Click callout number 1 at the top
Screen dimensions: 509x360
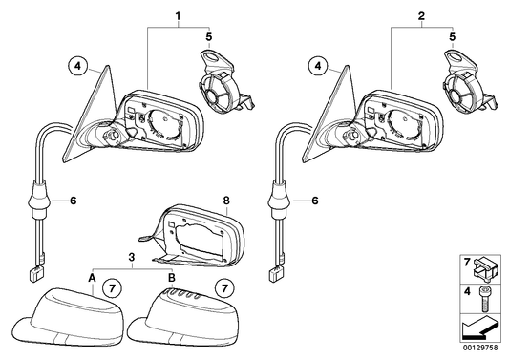(x=178, y=15)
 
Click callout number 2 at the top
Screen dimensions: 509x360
(x=421, y=15)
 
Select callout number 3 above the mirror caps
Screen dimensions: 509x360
(x=132, y=257)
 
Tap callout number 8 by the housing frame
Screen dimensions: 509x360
(x=226, y=201)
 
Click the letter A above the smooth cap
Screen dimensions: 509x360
(x=93, y=278)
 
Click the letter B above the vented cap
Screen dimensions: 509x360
(x=172, y=278)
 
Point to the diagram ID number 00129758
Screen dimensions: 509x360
(x=480, y=348)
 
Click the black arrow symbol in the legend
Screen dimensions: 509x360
(x=479, y=328)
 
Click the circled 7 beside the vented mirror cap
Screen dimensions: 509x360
(x=224, y=288)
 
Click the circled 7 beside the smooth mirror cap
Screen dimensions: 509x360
(x=112, y=288)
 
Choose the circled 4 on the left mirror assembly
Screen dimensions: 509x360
(x=77, y=66)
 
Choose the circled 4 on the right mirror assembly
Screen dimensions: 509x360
(x=318, y=66)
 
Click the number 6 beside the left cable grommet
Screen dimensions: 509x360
(x=74, y=201)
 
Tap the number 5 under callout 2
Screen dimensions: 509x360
(x=453, y=36)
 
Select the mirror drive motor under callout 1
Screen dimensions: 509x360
(x=224, y=81)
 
